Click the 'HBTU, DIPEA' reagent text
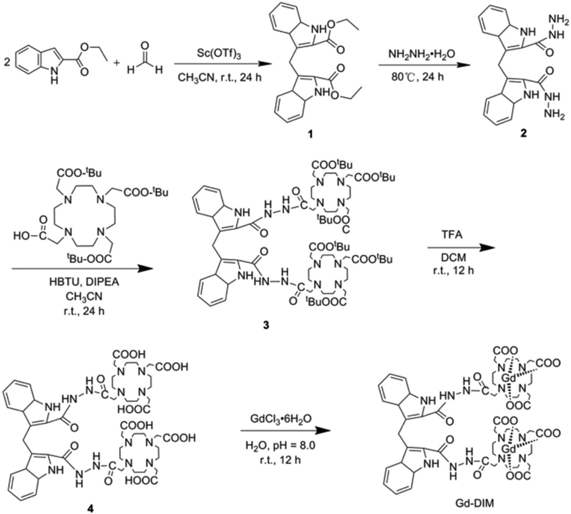pos(77,286)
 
